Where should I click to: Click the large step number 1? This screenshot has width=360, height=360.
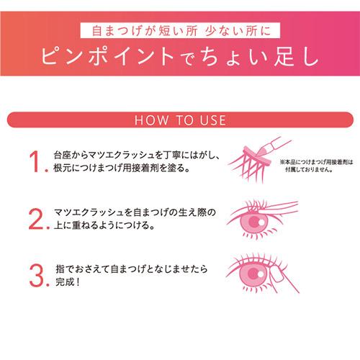(x=35, y=161)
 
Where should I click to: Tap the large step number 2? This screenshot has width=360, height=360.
(x=36, y=219)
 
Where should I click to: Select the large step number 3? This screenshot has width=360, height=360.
(x=37, y=276)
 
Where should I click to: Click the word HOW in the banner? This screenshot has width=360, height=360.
(x=151, y=120)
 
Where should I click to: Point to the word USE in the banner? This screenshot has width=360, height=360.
(x=213, y=120)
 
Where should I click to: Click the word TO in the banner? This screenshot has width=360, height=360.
(x=184, y=120)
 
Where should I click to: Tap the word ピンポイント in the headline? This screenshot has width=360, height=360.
(x=107, y=57)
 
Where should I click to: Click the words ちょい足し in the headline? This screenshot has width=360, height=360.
(x=260, y=57)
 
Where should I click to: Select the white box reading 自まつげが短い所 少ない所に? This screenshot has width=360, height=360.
(x=180, y=30)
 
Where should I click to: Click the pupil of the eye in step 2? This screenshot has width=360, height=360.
(x=254, y=221)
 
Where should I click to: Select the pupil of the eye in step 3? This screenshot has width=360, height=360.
(x=253, y=273)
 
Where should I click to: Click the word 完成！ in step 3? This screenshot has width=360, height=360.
(x=68, y=282)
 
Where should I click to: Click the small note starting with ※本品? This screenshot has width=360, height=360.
(x=317, y=166)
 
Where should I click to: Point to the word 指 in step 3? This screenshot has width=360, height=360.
(x=60, y=269)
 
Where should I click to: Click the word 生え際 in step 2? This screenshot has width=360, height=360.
(x=194, y=212)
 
